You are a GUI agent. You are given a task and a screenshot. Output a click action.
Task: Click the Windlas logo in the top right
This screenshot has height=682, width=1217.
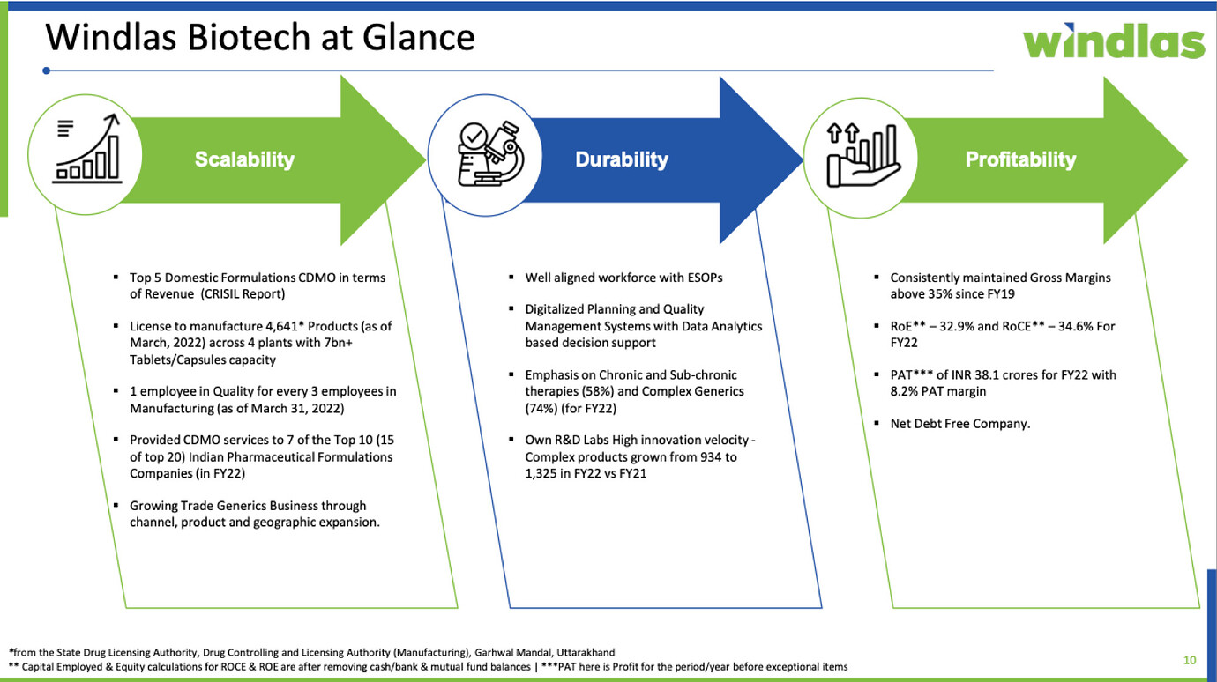(x=1113, y=41)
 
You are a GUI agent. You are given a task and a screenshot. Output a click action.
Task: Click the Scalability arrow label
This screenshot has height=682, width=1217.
(x=244, y=159)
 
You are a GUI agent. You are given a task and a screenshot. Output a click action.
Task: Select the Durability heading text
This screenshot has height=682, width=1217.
(x=622, y=159)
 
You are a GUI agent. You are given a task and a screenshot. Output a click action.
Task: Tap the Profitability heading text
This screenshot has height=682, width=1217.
(x=1020, y=159)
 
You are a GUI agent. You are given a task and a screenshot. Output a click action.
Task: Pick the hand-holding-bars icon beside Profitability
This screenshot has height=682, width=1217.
(x=862, y=155)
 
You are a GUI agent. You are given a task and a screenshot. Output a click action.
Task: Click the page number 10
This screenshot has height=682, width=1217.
(x=1190, y=660)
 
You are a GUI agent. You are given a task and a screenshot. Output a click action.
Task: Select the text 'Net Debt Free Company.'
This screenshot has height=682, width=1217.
(x=959, y=424)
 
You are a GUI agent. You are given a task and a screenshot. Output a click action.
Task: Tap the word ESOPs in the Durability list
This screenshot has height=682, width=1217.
(x=704, y=278)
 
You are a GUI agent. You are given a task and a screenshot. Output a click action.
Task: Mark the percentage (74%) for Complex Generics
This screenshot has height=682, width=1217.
(x=542, y=408)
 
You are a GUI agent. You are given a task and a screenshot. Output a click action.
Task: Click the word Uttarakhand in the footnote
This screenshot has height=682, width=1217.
(x=581, y=653)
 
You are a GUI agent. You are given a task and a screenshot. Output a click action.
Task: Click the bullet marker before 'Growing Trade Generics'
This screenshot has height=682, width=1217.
(x=116, y=506)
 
